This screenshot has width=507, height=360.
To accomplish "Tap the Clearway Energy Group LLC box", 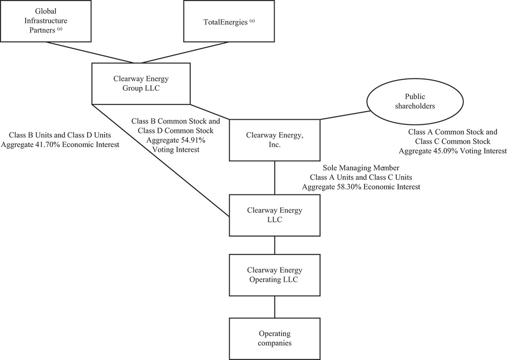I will coord(141,84).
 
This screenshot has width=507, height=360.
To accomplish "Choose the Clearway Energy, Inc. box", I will coord(275,140).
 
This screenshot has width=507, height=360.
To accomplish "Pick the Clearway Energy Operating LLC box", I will coord(275,275).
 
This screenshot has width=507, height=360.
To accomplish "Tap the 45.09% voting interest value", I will coord(447,150).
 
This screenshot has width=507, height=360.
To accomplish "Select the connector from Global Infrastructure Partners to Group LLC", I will coord(90,52).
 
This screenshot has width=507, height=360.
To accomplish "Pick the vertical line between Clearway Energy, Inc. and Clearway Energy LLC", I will coord(275,177).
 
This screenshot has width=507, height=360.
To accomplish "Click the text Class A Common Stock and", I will coord(453,132).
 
